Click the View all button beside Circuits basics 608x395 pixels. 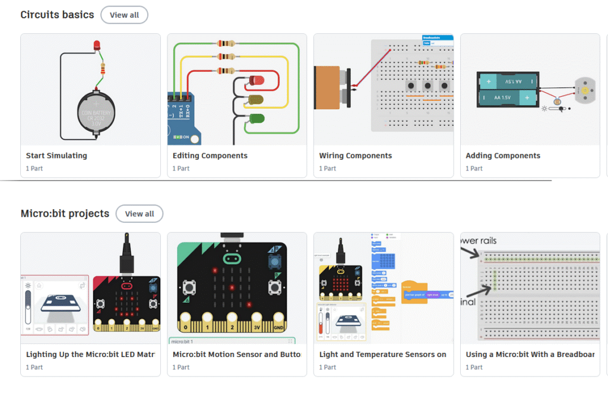[x=124, y=15]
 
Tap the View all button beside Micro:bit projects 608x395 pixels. [x=140, y=214]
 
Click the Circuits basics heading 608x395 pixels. [x=57, y=15]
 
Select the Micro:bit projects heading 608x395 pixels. [x=65, y=214]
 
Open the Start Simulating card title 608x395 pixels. [x=56, y=156]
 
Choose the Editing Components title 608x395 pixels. [x=210, y=156]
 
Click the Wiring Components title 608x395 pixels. [x=356, y=156]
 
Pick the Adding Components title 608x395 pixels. [x=503, y=156]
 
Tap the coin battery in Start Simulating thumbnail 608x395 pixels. [x=97, y=113]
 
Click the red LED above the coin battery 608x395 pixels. [x=97, y=46]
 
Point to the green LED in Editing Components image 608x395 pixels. [x=256, y=119]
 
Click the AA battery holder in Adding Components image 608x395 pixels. [x=508, y=89]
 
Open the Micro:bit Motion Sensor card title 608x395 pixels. [x=236, y=355]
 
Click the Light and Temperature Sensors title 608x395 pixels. [x=383, y=355]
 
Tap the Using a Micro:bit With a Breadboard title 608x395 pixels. [x=530, y=355]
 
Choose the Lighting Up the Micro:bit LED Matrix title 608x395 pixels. [x=90, y=355]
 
